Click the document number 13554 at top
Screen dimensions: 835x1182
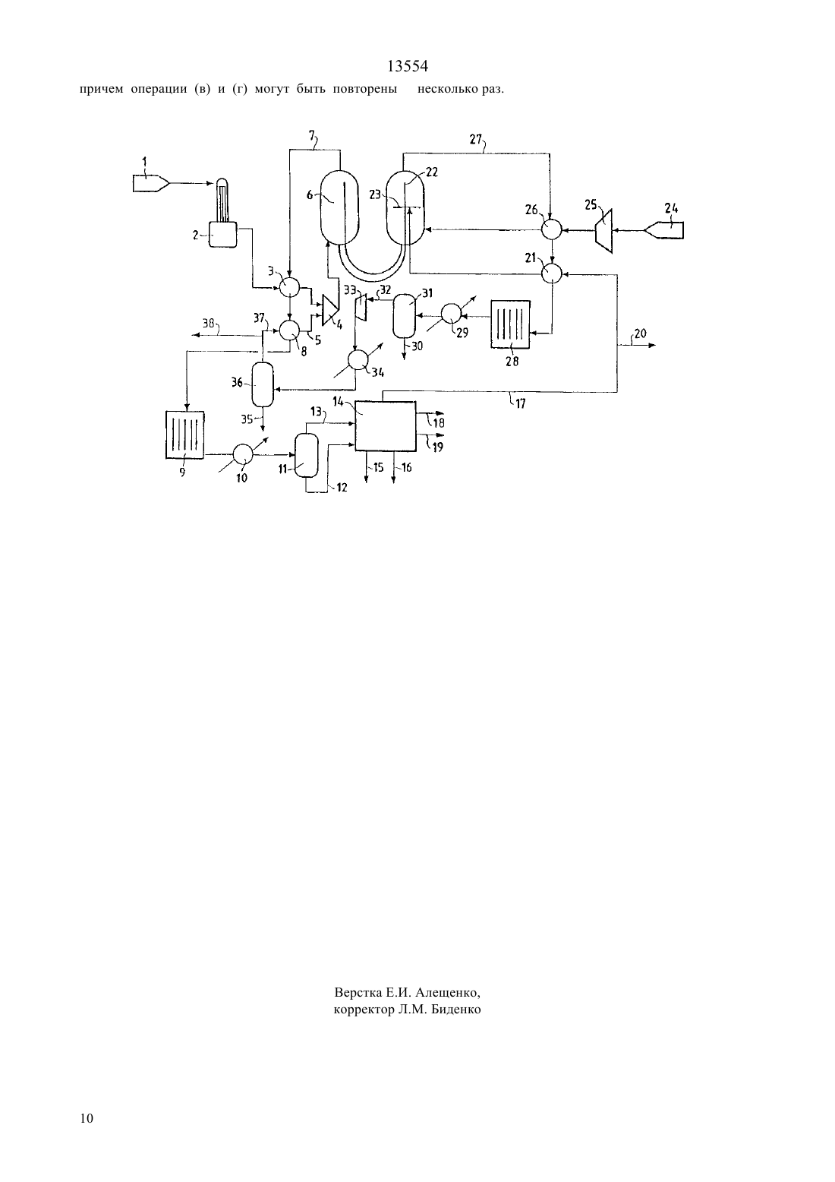coord(408,66)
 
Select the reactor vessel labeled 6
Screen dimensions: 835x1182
coord(339,207)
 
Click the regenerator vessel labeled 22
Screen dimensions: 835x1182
coord(405,207)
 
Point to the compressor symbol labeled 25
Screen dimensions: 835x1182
coord(603,231)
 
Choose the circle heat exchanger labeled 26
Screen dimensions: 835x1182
coord(552,229)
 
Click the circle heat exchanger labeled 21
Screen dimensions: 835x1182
coord(552,273)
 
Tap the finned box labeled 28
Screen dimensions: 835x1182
coord(510,324)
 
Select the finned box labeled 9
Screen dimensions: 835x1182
coord(184,435)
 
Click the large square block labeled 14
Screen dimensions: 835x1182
coord(386,426)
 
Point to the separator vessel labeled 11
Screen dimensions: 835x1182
coord(306,455)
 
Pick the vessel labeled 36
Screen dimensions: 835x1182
coord(263,384)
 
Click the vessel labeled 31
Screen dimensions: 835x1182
coord(405,315)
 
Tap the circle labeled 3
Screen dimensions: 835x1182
coord(289,288)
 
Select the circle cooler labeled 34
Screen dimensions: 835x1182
coord(358,360)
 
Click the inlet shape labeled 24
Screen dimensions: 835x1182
coord(665,230)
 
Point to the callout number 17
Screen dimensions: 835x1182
coord(520,404)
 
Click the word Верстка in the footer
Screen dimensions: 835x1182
coord(358,993)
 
